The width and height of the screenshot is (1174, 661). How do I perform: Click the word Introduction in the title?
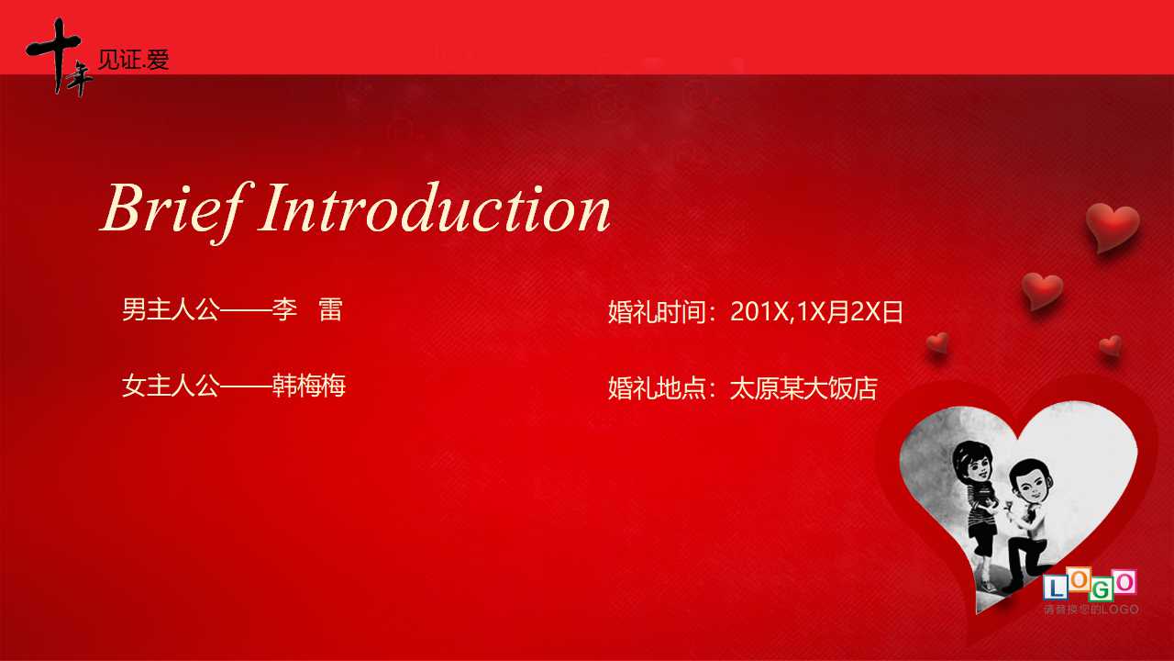tap(435, 209)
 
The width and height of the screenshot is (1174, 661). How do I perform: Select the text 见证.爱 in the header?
tap(133, 61)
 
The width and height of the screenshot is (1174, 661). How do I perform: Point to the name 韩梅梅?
tap(309, 386)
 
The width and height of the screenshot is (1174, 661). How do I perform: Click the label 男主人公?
tap(170, 309)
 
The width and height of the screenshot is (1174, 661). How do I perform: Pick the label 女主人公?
tap(170, 386)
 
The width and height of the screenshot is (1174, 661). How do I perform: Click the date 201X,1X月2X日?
tap(816, 312)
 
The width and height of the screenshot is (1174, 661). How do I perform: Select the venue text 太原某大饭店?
tap(803, 388)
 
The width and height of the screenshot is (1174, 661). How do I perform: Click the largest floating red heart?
tap(1112, 226)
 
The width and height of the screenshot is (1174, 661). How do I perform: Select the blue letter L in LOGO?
tap(1056, 588)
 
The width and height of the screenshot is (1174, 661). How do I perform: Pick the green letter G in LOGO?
tap(1101, 588)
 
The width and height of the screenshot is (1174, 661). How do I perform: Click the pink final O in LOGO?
tap(1124, 582)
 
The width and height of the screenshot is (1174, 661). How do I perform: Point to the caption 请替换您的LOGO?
tap(1091, 610)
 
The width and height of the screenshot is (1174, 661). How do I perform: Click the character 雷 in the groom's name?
tap(330, 309)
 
